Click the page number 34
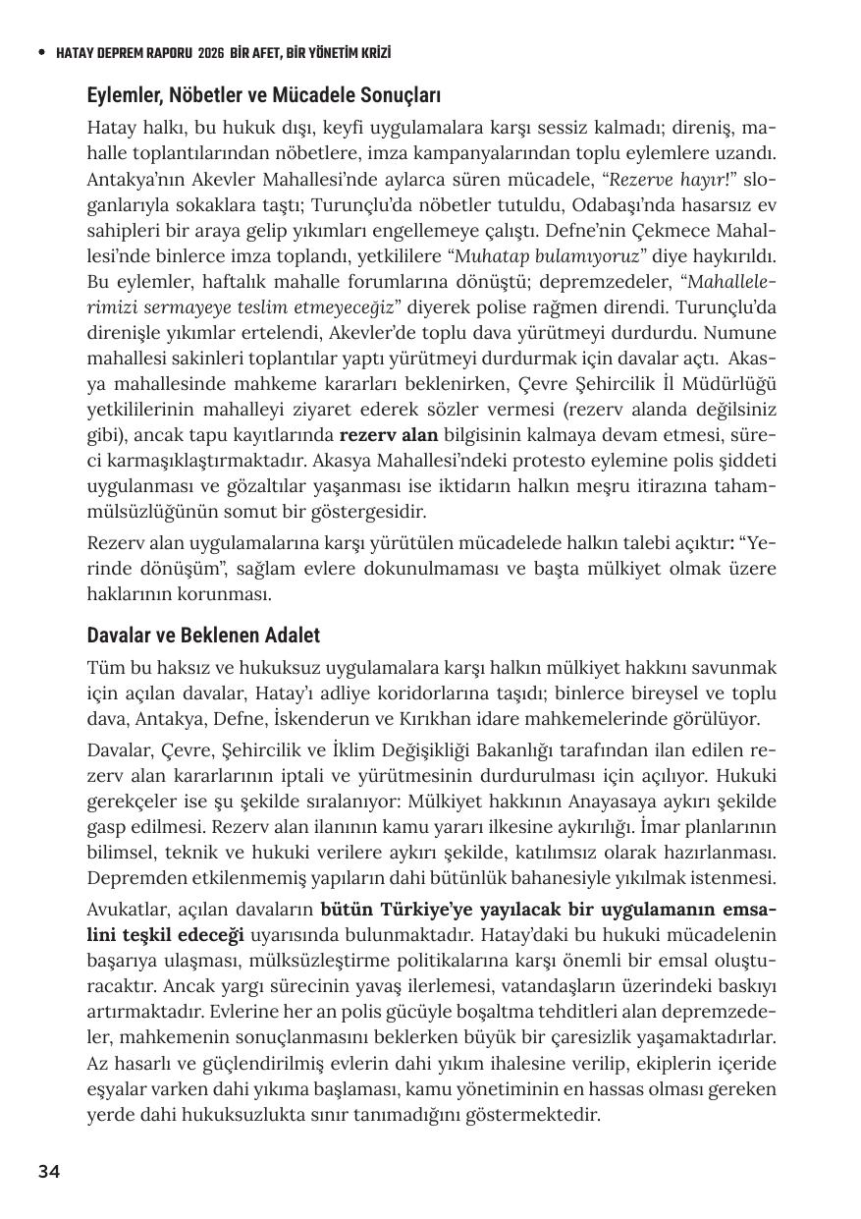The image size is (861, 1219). pos(49,1171)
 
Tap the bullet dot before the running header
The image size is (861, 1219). pos(41,53)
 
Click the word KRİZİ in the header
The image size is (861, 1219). pos(383,53)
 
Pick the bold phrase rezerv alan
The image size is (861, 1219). pos(389,434)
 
